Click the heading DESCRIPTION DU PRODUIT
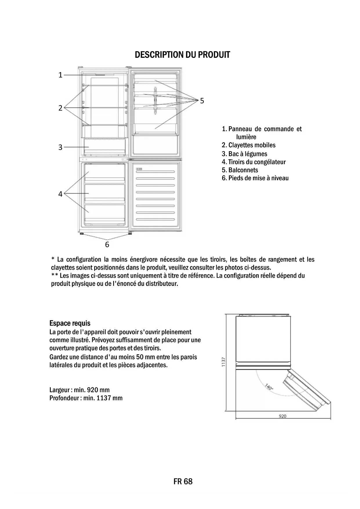pos(182,55)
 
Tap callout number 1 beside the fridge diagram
pos(60,75)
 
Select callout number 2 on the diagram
pos(60,108)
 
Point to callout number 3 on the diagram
pos(60,147)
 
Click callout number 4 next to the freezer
pos(60,194)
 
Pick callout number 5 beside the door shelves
pos(202,101)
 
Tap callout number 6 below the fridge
pos(107,245)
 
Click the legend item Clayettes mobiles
pos(249,145)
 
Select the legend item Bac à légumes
pos(245,154)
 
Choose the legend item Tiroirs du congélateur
pos(254,162)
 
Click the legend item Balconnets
pos(240,170)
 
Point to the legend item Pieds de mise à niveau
pos(255,178)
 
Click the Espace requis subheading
pos(70,323)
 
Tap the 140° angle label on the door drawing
pos(269,387)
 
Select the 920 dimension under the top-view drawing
pos(283,416)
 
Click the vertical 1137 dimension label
pos(223,362)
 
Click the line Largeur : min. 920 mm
pos(79,390)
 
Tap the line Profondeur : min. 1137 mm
pos(86,398)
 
